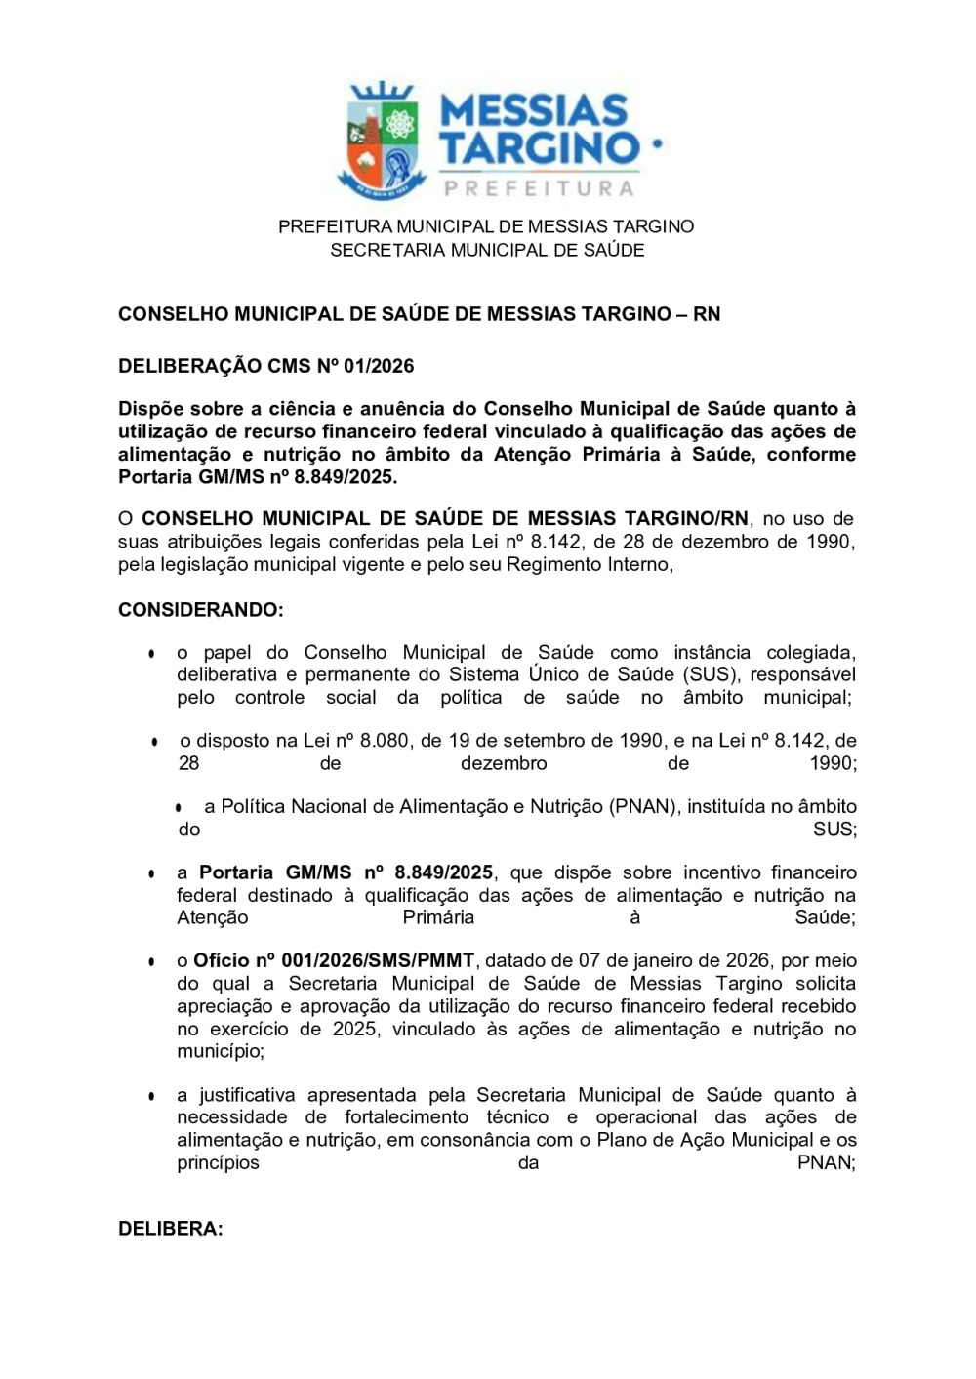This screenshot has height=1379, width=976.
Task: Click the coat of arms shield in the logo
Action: [x=383, y=140]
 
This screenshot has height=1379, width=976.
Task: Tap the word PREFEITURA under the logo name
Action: [x=539, y=187]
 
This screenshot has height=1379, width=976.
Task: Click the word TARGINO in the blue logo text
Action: [x=539, y=148]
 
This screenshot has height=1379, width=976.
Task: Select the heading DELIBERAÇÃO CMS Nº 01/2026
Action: [x=265, y=366]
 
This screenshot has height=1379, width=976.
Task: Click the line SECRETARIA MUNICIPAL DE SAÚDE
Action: [x=487, y=250]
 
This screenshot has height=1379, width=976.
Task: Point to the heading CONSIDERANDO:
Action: [x=200, y=610]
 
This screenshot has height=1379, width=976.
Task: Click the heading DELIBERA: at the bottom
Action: [x=170, y=1229]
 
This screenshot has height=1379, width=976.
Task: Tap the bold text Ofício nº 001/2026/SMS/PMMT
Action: [x=334, y=960]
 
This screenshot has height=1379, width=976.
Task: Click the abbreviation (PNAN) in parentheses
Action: [x=642, y=806]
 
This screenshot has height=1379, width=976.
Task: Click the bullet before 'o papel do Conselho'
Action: [x=151, y=653]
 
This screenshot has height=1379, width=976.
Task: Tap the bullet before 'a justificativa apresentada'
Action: [x=151, y=1096]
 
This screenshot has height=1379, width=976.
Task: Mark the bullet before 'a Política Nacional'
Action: [x=179, y=808]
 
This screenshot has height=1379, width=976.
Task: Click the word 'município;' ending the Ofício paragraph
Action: [x=221, y=1051]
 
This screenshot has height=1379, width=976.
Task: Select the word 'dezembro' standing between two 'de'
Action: [x=504, y=763]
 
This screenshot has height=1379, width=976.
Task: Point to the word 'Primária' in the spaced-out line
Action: [x=438, y=917]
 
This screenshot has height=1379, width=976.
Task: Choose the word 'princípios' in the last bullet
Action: [x=218, y=1162]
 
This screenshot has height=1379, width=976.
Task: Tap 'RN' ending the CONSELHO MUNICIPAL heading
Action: [x=707, y=313]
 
